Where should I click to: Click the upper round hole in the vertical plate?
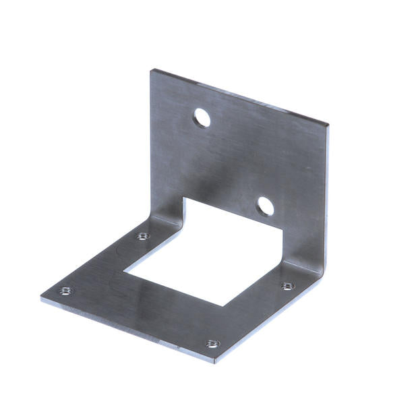coord(202,119)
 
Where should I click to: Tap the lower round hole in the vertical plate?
coord(266,206)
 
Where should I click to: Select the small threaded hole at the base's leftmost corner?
coord(65,291)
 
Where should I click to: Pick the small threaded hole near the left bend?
coord(143,236)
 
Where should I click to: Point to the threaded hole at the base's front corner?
coord(212,344)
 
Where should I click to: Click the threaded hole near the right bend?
coord(288,286)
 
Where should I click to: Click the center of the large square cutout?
coord(202,253)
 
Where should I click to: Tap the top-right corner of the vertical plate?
coord(328,125)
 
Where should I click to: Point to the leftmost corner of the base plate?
coord(42,297)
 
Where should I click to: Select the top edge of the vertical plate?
coord(239,96)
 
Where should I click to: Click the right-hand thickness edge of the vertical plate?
coord(327,196)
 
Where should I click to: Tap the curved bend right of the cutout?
coord(300,266)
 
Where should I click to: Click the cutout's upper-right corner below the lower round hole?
coord(282,229)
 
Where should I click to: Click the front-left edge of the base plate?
coord(128,330)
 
